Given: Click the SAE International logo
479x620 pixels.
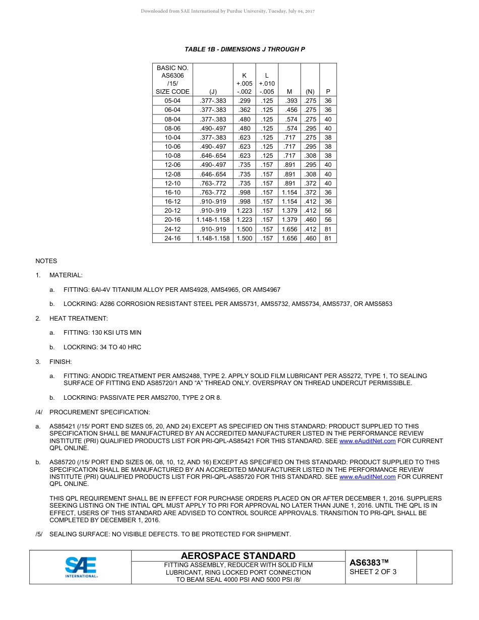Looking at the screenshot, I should pos(81,567).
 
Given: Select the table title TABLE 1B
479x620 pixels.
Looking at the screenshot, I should pos(245,49).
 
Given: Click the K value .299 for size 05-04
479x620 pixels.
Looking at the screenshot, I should pos(244,101).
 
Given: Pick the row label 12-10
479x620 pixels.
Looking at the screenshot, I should pos(172,183).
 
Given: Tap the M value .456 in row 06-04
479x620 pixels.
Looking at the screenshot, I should pos(289,110).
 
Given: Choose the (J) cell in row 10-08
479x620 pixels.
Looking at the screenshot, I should pos(213,156).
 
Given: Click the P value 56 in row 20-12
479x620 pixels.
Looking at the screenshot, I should pos(328,211).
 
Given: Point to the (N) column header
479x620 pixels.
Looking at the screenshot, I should pos(310,92).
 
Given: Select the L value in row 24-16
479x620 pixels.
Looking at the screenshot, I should pos(267,238).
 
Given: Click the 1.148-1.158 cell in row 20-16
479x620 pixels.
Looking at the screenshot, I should pos(213,220).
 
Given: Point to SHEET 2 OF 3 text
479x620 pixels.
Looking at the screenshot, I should pos(373,572).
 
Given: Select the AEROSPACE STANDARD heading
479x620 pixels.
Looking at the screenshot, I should pos(238,556).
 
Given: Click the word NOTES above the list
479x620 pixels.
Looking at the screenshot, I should pos(46,261).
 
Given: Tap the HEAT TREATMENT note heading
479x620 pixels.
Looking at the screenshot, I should pos(78,319).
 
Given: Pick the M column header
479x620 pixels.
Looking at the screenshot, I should pos(289,92).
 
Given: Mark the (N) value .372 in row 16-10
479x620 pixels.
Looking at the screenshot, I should pos(310,193).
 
